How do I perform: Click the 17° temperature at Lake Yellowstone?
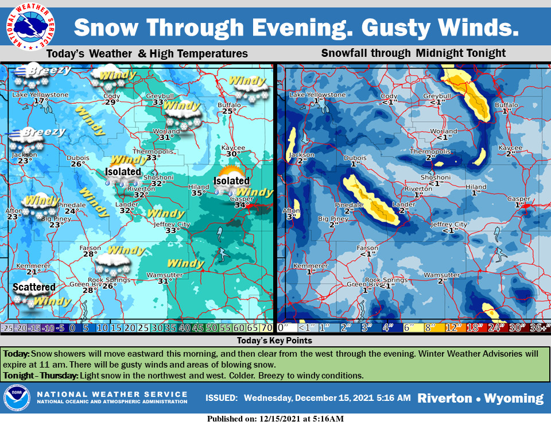pos(40,102)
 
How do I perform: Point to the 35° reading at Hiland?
pos(199,194)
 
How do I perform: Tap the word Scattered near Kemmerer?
pos(34,287)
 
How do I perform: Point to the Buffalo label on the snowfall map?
pos(506,105)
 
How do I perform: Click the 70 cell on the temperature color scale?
pos(267,329)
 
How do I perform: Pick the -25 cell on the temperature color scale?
pos(7,329)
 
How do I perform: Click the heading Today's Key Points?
pos(275,341)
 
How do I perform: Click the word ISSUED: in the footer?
pos(222,398)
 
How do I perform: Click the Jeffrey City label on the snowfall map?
pos(449,225)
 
